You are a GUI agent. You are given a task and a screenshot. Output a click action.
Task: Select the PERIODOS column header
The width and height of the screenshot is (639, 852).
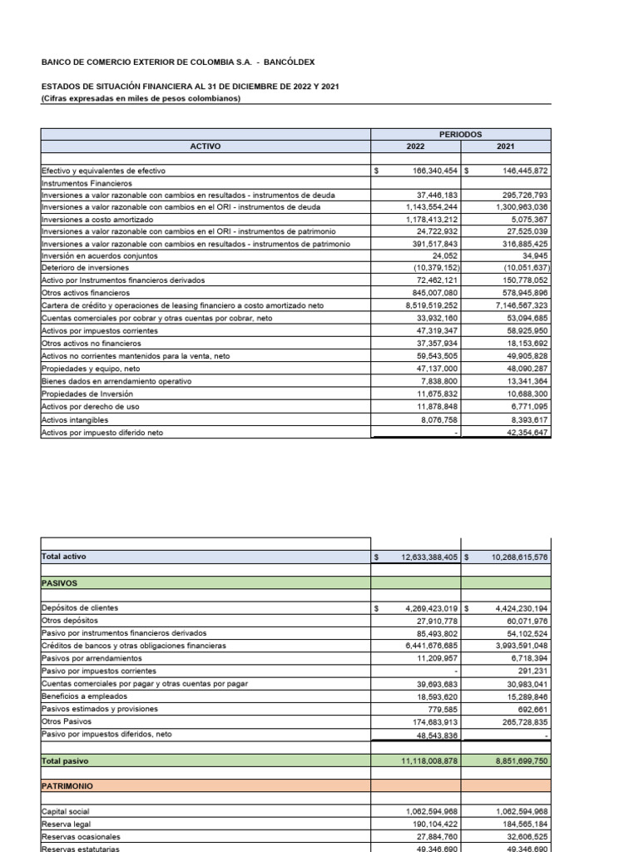tap(460, 133)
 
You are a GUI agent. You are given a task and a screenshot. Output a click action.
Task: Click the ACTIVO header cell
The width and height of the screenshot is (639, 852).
tap(206, 146)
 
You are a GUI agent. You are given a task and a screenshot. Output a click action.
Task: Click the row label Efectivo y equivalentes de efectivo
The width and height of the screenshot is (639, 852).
tap(103, 171)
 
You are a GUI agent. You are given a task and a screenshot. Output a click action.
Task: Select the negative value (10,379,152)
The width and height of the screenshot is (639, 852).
tap(429, 268)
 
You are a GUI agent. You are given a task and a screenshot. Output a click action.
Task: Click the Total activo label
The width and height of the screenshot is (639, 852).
tap(63, 556)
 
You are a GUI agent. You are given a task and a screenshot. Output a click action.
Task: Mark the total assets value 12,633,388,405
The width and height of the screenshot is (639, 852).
tap(423, 556)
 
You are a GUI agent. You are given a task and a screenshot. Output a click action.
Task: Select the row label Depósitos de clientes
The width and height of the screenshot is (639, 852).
tap(80, 608)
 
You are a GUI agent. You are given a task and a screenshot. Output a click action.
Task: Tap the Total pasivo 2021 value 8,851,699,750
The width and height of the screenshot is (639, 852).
tap(509, 760)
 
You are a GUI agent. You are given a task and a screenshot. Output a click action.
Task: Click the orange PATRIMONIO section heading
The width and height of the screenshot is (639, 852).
tap(67, 785)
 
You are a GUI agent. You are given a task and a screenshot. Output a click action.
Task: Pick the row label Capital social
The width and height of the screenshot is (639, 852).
tap(66, 811)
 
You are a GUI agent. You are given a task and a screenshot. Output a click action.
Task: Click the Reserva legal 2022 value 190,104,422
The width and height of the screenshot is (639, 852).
tap(429, 824)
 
